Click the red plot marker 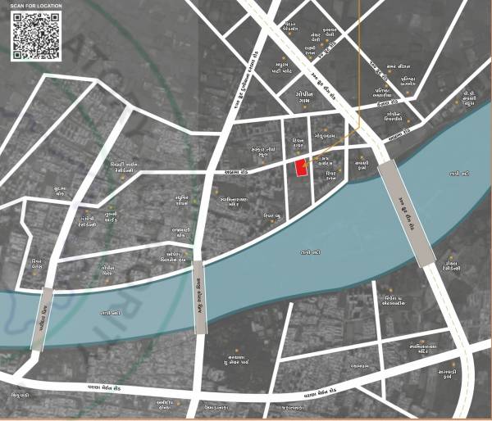point(300,167)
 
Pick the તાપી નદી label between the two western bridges point(111,312)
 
